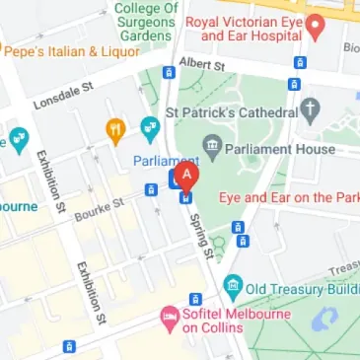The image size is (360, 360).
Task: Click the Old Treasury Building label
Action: pos(300,288)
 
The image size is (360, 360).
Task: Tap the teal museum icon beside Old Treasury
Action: pos(233,288)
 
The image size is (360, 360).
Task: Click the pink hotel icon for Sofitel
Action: pos(169,318)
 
